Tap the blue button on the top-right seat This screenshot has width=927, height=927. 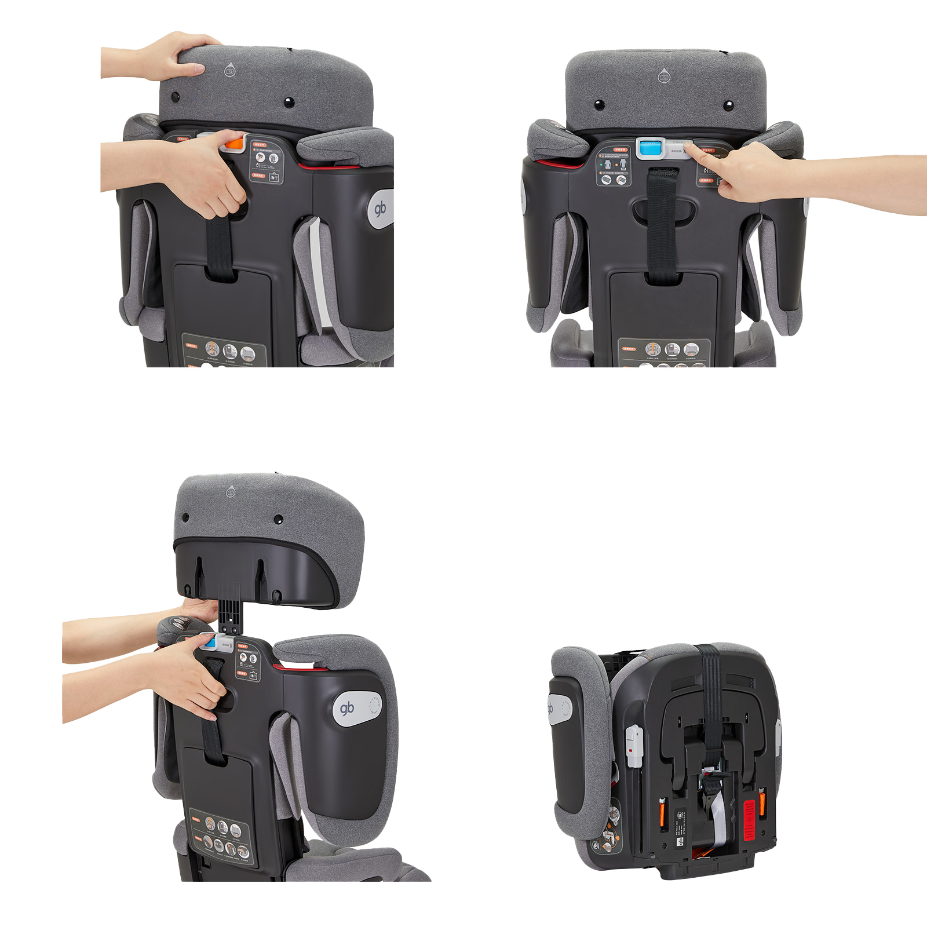pos(648,148)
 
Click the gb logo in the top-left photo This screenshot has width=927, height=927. pos(380,209)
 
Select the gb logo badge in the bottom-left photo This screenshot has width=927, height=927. pos(347,708)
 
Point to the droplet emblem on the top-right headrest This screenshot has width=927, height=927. pos(663,75)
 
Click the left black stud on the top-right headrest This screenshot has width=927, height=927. pos(599,105)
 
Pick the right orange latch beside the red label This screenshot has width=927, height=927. pos(762,803)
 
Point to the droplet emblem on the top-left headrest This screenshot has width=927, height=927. pos(229,71)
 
